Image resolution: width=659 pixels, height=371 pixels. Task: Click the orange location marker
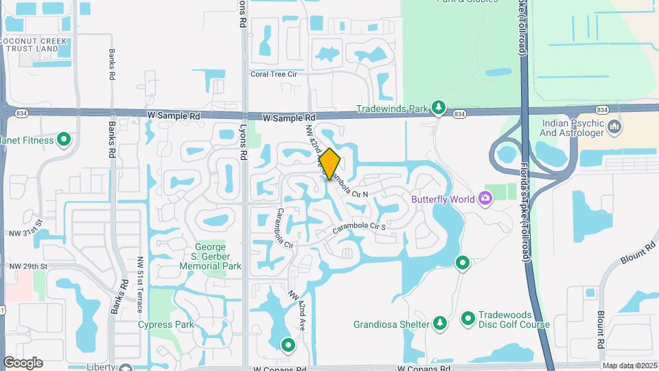(x=329, y=164)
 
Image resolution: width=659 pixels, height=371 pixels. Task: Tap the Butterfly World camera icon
(x=486, y=199)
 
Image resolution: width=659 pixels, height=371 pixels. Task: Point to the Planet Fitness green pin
(x=65, y=140)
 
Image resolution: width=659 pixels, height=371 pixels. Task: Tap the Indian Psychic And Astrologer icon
(x=614, y=126)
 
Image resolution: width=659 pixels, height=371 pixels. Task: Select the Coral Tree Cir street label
(x=273, y=74)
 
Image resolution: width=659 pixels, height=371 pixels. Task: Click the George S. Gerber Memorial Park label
(x=208, y=256)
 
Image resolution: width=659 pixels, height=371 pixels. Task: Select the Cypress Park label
(x=165, y=324)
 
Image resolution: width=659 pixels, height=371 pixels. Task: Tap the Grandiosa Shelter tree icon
(x=439, y=323)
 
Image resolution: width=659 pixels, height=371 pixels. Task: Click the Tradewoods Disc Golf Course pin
(x=468, y=318)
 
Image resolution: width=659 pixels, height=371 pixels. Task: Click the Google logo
(x=23, y=363)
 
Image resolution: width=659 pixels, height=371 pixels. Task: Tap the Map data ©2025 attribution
(x=629, y=366)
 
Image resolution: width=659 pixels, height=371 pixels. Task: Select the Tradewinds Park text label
(x=393, y=109)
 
